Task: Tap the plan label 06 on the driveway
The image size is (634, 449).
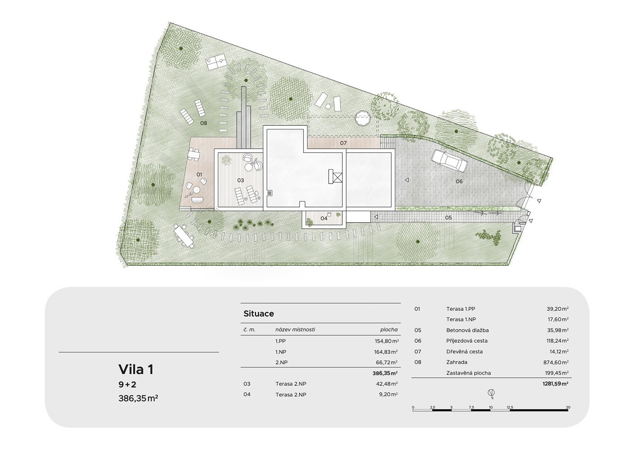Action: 459,181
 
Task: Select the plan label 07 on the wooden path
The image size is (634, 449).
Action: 343,143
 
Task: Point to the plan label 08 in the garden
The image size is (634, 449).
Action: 204,123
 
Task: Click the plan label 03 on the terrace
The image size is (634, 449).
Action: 241,180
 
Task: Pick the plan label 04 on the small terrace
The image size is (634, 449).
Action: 324,218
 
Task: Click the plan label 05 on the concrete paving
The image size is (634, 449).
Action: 448,218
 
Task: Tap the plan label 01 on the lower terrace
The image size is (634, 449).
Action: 199,174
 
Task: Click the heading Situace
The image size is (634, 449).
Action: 259,313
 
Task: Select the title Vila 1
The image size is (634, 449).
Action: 136,370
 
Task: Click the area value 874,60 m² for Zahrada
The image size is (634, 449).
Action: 558,362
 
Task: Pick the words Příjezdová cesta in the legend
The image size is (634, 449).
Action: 467,341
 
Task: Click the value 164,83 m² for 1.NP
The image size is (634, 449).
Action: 386,352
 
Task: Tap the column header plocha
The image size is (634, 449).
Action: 389,330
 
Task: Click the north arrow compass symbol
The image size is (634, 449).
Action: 491,393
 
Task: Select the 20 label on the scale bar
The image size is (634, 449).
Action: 568,407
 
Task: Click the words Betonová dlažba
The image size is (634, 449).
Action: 467,330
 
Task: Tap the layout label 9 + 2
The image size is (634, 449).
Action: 127,385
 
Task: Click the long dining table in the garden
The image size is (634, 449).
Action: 184,236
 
